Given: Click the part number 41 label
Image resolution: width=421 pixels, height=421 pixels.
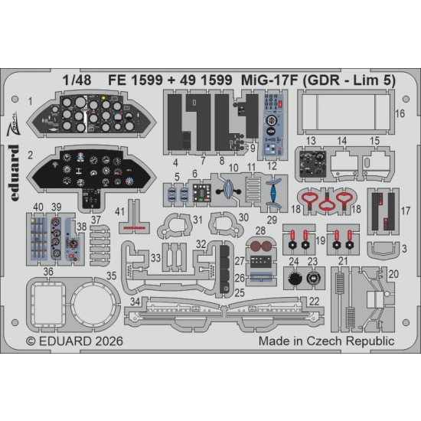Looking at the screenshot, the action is pos(119,211).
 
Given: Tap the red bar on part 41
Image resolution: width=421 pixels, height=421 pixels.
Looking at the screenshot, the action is pos(134,228).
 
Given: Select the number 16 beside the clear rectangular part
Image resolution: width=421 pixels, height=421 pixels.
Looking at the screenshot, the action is pos(400,113).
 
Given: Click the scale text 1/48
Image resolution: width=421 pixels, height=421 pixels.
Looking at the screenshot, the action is pos(77,80).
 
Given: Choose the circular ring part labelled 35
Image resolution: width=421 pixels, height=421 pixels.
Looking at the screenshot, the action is pos(93,304).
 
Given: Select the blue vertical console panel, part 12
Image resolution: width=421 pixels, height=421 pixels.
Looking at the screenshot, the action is pos(273,125).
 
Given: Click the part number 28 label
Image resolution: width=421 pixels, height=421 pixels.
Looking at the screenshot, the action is pos(260,230).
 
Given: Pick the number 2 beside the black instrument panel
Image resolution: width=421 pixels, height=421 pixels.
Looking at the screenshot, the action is pos(30,155).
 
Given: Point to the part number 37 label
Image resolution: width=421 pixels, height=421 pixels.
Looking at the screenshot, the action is pos(96,220).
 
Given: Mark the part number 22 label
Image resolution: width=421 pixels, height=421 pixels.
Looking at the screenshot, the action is pos(314,302).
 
